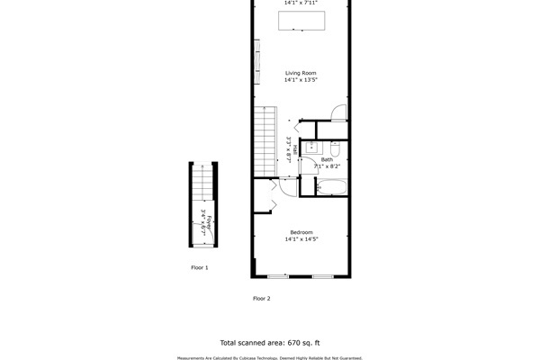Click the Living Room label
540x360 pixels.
click(301, 73)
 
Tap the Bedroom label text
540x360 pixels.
click(301, 232)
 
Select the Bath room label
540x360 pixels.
click(327, 159)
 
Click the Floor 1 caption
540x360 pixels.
click(199, 267)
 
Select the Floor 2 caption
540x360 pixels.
click(262, 298)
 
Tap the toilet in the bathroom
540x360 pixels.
click(334, 149)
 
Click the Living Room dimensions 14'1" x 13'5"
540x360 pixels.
click(301, 80)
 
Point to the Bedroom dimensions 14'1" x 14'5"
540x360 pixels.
click(301, 239)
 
